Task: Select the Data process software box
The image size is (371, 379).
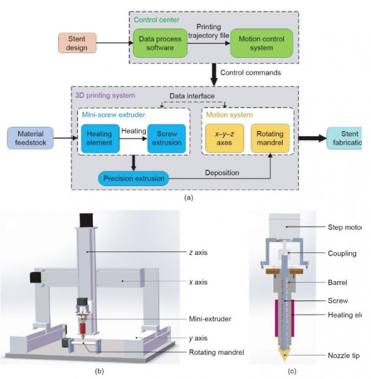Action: pos(161,43)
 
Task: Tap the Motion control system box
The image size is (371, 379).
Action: pos(261,43)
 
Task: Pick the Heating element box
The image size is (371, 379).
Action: pos(99,138)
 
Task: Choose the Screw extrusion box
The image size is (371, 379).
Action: pos(166,138)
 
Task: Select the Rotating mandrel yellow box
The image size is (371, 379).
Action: pos(270,138)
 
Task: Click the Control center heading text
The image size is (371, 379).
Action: pos(156,19)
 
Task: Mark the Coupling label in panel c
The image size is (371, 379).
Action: pos(342,253)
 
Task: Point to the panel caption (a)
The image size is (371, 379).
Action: pos(188,198)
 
